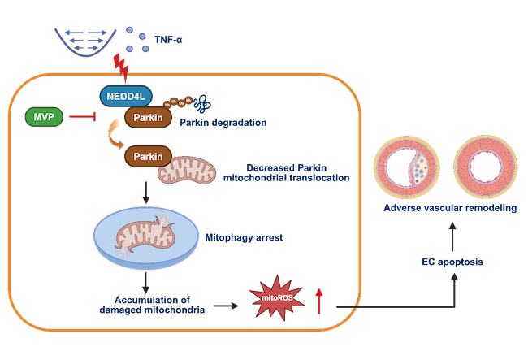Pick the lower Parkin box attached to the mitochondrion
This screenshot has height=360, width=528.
(x=144, y=156)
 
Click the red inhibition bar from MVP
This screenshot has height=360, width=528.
(x=83, y=119)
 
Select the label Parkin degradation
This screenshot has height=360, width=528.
(x=225, y=123)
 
